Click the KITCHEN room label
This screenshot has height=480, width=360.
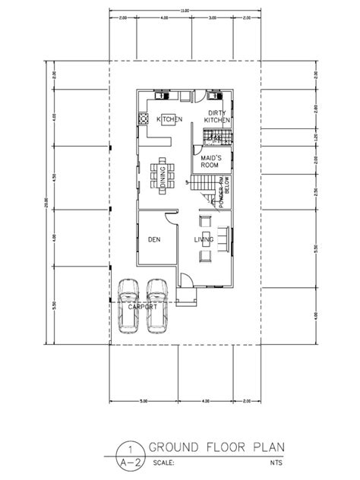click(169, 120)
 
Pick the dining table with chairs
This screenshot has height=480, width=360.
click(162, 175)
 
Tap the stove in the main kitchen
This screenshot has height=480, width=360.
click(142, 120)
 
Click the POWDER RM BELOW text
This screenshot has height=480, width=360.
click(224, 193)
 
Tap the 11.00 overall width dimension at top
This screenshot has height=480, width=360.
click(185, 11)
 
